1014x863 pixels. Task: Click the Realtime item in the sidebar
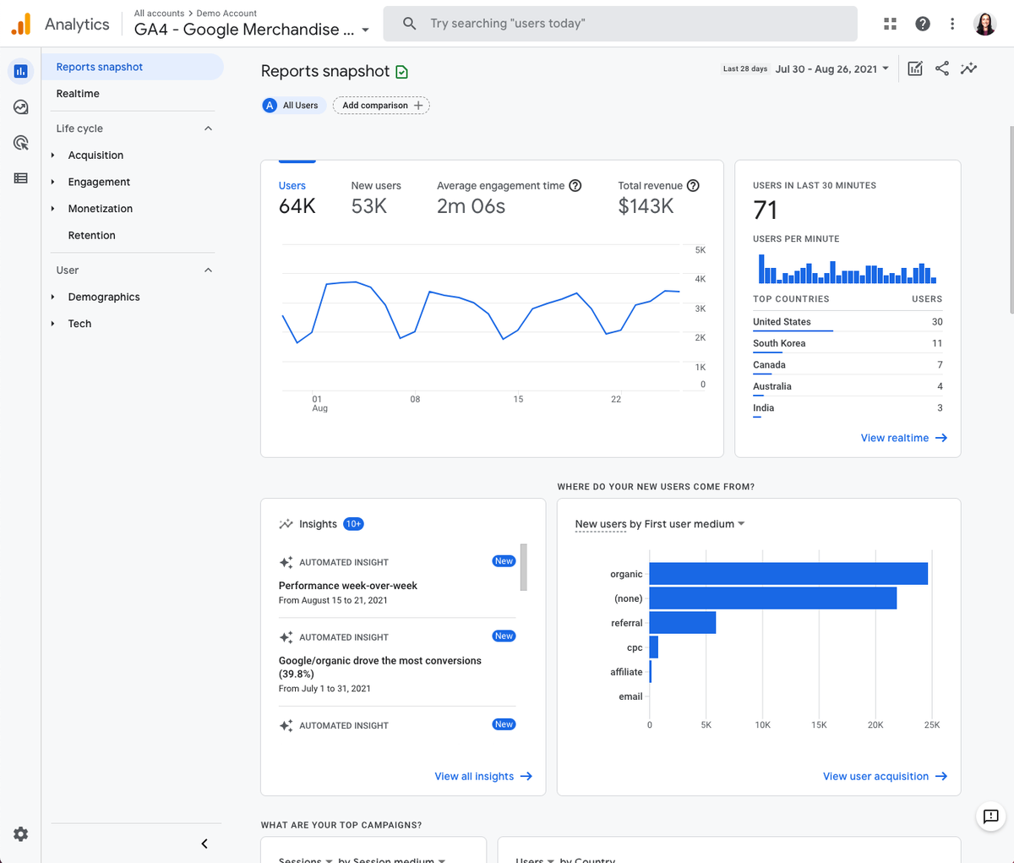pyautogui.click(x=78, y=94)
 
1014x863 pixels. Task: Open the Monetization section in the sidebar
pyautogui.click(x=100, y=209)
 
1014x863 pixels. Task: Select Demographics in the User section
pyautogui.click(x=104, y=297)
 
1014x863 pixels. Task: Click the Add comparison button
pyautogui.click(x=381, y=106)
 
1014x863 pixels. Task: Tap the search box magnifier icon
pyautogui.click(x=409, y=24)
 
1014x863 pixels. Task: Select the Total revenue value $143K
pyautogui.click(x=646, y=206)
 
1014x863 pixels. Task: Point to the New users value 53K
pyautogui.click(x=369, y=206)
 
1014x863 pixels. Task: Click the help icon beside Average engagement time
pyautogui.click(x=575, y=186)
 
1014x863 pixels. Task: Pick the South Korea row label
pyautogui.click(x=779, y=343)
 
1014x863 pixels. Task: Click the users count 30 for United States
pyautogui.click(x=937, y=322)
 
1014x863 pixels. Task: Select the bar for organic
pyautogui.click(x=788, y=574)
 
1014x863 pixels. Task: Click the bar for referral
pyautogui.click(x=682, y=623)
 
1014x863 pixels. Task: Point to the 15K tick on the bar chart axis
pyautogui.click(x=819, y=725)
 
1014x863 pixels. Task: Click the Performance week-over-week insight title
pyautogui.click(x=348, y=586)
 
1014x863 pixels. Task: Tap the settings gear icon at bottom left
pyautogui.click(x=21, y=834)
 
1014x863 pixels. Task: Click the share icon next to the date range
pyautogui.click(x=942, y=69)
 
